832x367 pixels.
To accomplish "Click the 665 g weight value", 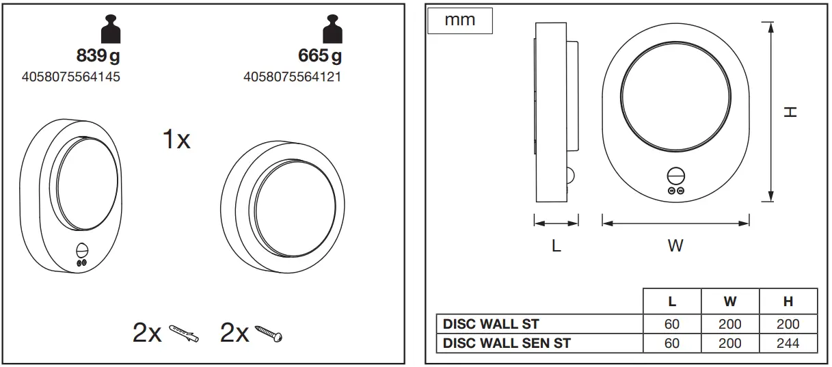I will pyautogui.click(x=320, y=55).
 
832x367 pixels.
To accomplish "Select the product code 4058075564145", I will pyautogui.click(x=71, y=77).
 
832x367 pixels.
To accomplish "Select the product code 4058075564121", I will pyautogui.click(x=292, y=77).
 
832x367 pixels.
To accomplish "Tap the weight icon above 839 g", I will pyautogui.click(x=110, y=31).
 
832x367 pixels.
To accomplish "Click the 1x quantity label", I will pyautogui.click(x=176, y=140).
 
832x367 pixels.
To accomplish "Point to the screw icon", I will pyautogui.click(x=269, y=333).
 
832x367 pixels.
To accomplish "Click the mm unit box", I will pyautogui.click(x=460, y=21).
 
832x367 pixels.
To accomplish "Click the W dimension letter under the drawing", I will pyautogui.click(x=675, y=246).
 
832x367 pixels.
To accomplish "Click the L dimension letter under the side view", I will pyautogui.click(x=556, y=246).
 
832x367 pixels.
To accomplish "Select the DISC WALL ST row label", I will pyautogui.click(x=491, y=324).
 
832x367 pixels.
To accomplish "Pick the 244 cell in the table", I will pyautogui.click(x=788, y=343).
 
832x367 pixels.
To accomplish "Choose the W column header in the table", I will pyautogui.click(x=729, y=301).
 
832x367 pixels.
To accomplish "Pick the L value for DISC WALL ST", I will pyautogui.click(x=672, y=324).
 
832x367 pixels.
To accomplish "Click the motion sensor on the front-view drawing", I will pyautogui.click(x=675, y=175).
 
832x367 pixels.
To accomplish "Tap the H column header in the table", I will pyautogui.click(x=788, y=301).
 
